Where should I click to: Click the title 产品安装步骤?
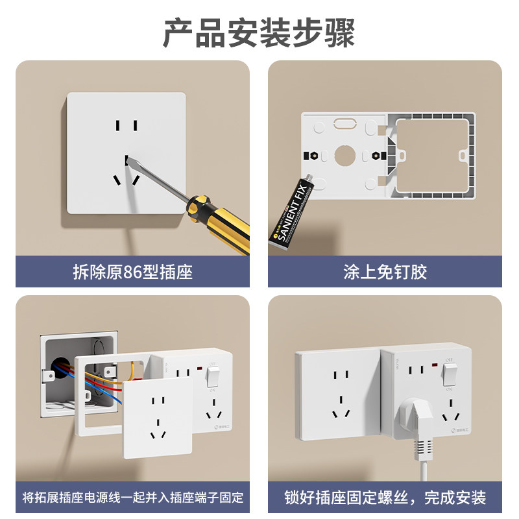coord(259,32)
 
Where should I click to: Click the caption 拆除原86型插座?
coord(132,272)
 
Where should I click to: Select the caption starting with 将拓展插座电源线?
coord(132,498)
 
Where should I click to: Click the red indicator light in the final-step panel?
coord(431,369)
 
